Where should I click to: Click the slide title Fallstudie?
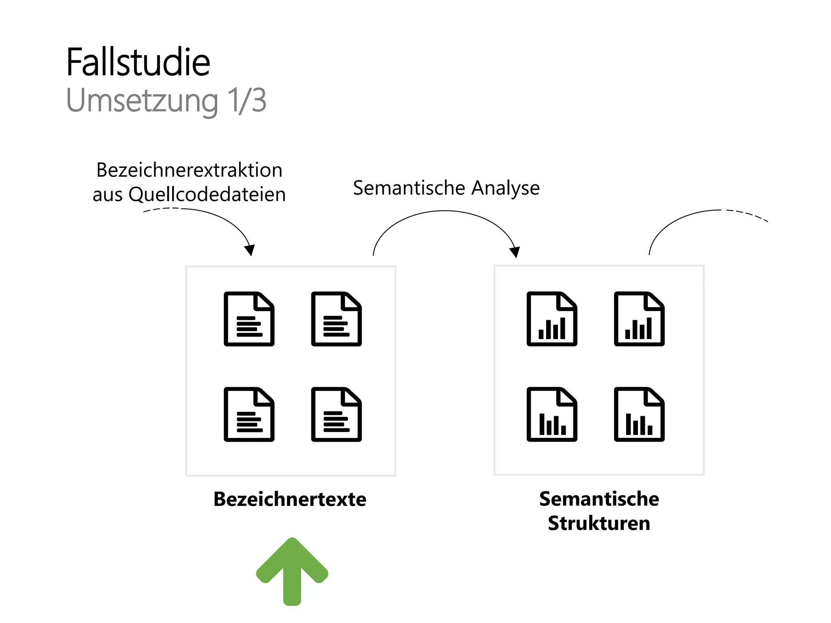[x=138, y=62]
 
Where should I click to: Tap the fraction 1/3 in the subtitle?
[x=247, y=100]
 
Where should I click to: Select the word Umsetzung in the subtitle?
[x=142, y=101]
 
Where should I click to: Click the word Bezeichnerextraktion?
[x=189, y=170]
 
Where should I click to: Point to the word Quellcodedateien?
[x=207, y=194]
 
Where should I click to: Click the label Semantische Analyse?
[x=446, y=188]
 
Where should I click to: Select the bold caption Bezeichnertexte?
[x=290, y=499]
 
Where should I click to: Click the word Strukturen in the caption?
[x=599, y=523]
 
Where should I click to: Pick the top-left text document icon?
[x=249, y=319]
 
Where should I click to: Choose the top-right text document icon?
[x=336, y=319]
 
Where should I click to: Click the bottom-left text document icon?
[x=249, y=414]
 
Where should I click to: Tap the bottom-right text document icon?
[x=336, y=414]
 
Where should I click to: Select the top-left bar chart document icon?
[x=552, y=319]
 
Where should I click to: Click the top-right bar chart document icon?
[x=639, y=319]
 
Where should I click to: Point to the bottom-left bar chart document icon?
[x=552, y=414]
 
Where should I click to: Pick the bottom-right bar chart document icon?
[x=639, y=414]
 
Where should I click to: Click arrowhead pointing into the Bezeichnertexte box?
[x=250, y=250]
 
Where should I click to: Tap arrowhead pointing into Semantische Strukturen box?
[x=515, y=252]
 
